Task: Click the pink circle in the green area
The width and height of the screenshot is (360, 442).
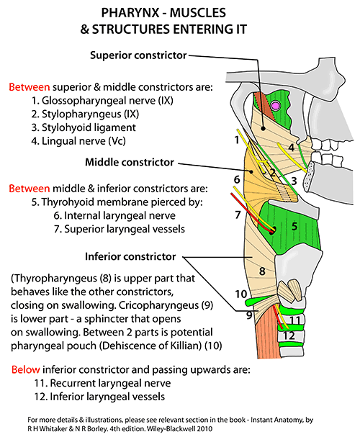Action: [275, 106]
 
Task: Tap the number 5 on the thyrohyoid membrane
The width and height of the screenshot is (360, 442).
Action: [294, 226]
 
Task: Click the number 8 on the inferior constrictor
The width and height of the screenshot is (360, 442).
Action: [262, 271]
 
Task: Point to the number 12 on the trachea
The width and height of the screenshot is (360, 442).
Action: [289, 335]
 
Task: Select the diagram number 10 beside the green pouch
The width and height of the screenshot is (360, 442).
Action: [241, 294]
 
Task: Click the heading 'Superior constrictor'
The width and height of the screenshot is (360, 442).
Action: [138, 55]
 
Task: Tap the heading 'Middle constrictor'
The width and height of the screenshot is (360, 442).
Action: [130, 163]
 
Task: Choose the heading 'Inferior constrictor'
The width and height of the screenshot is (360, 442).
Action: [130, 256]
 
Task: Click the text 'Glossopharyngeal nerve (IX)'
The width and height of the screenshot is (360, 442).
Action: [107, 101]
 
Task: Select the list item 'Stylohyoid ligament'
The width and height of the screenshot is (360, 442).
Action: [89, 127]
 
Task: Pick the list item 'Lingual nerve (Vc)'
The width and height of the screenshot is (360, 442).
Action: [84, 141]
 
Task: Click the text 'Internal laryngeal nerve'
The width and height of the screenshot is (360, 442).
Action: [120, 216]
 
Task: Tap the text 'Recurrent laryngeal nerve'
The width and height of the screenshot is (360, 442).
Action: [110, 384]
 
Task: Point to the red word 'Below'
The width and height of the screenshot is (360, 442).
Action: [26, 369]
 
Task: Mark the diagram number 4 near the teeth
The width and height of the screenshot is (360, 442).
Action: [291, 147]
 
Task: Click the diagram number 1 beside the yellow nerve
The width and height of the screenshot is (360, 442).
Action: [237, 140]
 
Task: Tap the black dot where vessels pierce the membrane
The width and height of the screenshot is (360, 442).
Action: [272, 230]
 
